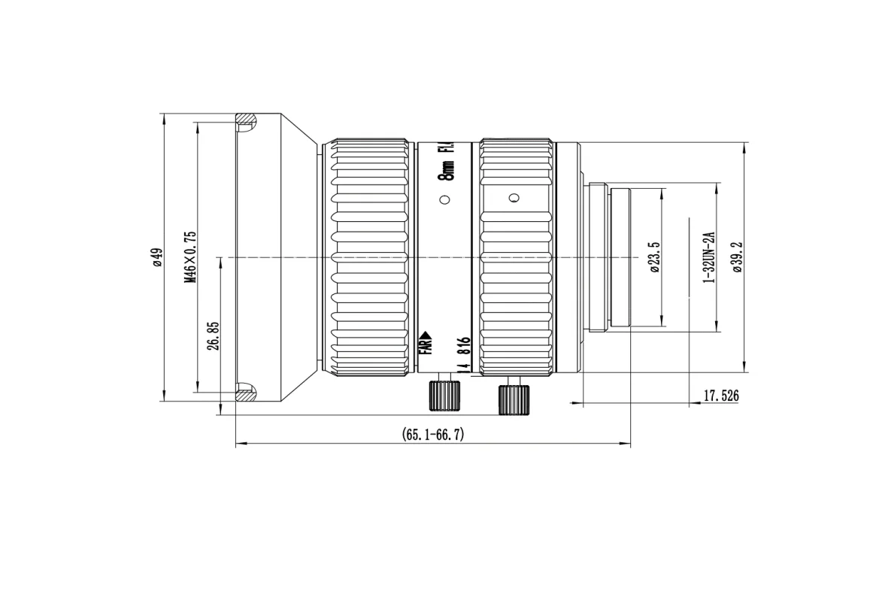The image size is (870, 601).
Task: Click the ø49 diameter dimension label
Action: coord(158,257)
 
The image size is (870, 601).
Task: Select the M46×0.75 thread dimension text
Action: coord(190,257)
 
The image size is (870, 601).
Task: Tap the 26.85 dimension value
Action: coord(213,335)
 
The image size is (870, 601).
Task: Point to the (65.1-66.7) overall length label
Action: coord(433,434)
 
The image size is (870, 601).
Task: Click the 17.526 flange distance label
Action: coord(721,396)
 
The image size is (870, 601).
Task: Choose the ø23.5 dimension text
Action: coord(654,257)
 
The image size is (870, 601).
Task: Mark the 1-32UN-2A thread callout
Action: coord(709,257)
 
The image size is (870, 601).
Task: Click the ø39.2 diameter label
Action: coord(736,257)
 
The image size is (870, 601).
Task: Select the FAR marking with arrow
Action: coord(426,343)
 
